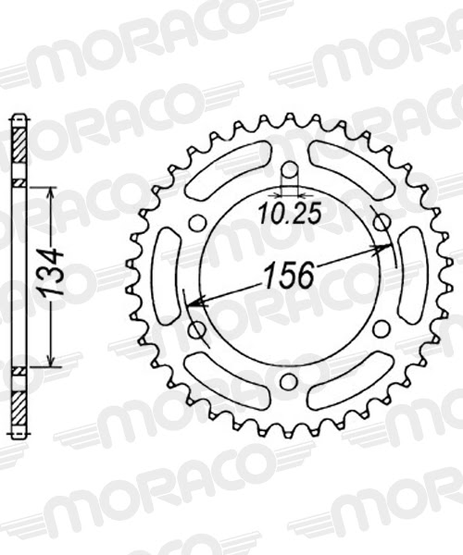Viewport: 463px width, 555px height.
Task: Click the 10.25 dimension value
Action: click(x=289, y=215)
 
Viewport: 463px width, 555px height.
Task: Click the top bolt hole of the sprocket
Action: click(x=289, y=170)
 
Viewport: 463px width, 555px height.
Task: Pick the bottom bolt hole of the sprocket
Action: click(x=289, y=381)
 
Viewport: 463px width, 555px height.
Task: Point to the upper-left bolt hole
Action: click(x=197, y=223)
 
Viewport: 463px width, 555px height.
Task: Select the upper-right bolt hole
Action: click(x=381, y=222)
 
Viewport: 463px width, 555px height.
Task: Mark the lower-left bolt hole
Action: click(x=196, y=328)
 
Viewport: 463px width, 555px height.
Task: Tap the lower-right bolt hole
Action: click(x=381, y=328)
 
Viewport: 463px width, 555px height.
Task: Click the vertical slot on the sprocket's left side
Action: click(x=167, y=276)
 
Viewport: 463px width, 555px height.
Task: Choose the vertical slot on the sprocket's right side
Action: click(x=411, y=276)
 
